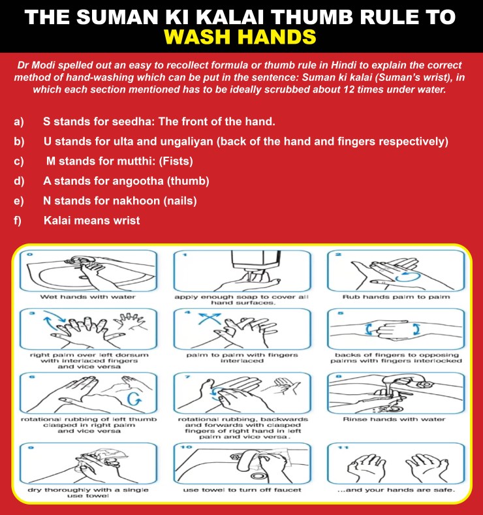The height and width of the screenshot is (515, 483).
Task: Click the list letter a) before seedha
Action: click(19, 122)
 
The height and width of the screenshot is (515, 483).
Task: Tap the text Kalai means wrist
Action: click(91, 221)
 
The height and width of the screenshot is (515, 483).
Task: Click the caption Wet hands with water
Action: click(87, 297)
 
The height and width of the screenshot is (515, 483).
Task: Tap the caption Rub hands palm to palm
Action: click(396, 297)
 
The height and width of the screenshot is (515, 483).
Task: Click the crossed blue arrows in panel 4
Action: click(209, 319)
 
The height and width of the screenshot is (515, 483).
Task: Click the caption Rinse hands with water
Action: click(394, 419)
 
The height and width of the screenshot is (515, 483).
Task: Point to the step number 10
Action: click(185, 447)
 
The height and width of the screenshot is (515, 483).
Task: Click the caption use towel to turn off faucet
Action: click(242, 490)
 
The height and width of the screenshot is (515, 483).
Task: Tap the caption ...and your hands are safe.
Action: click(396, 490)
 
